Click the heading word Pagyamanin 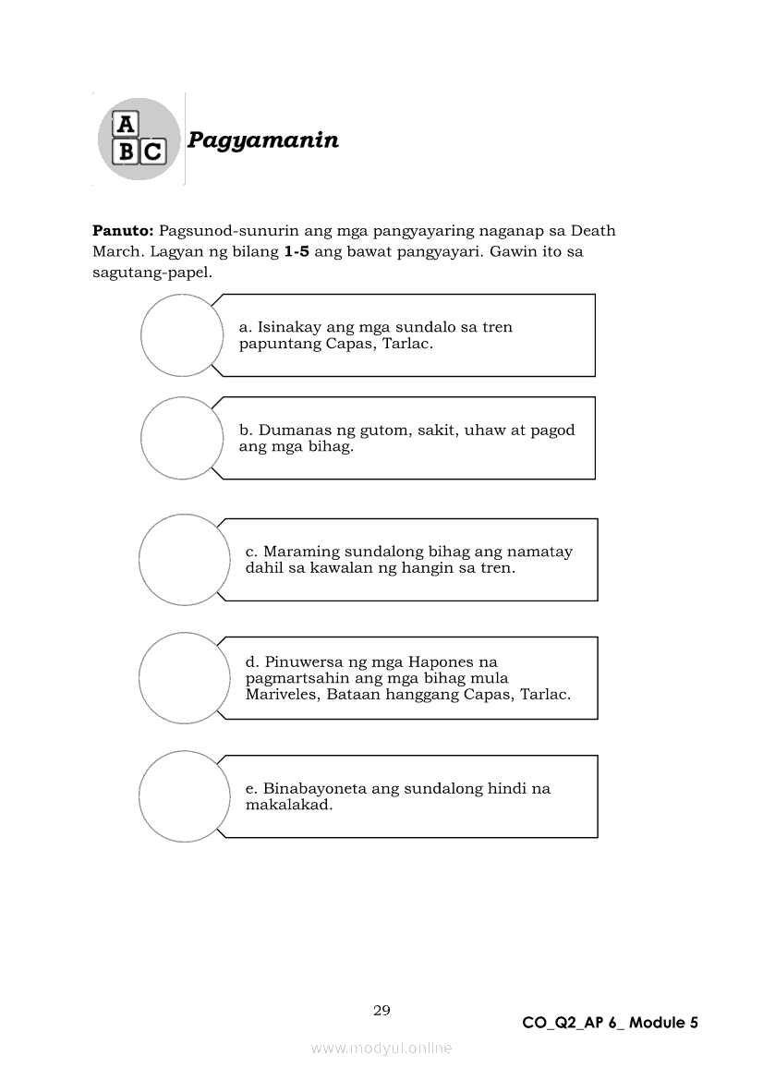(x=263, y=140)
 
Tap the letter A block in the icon (x=125, y=125)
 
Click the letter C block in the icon (x=152, y=152)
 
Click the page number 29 (x=381, y=1011)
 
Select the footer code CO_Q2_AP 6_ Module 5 (x=610, y=1023)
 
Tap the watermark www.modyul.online (x=381, y=1049)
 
